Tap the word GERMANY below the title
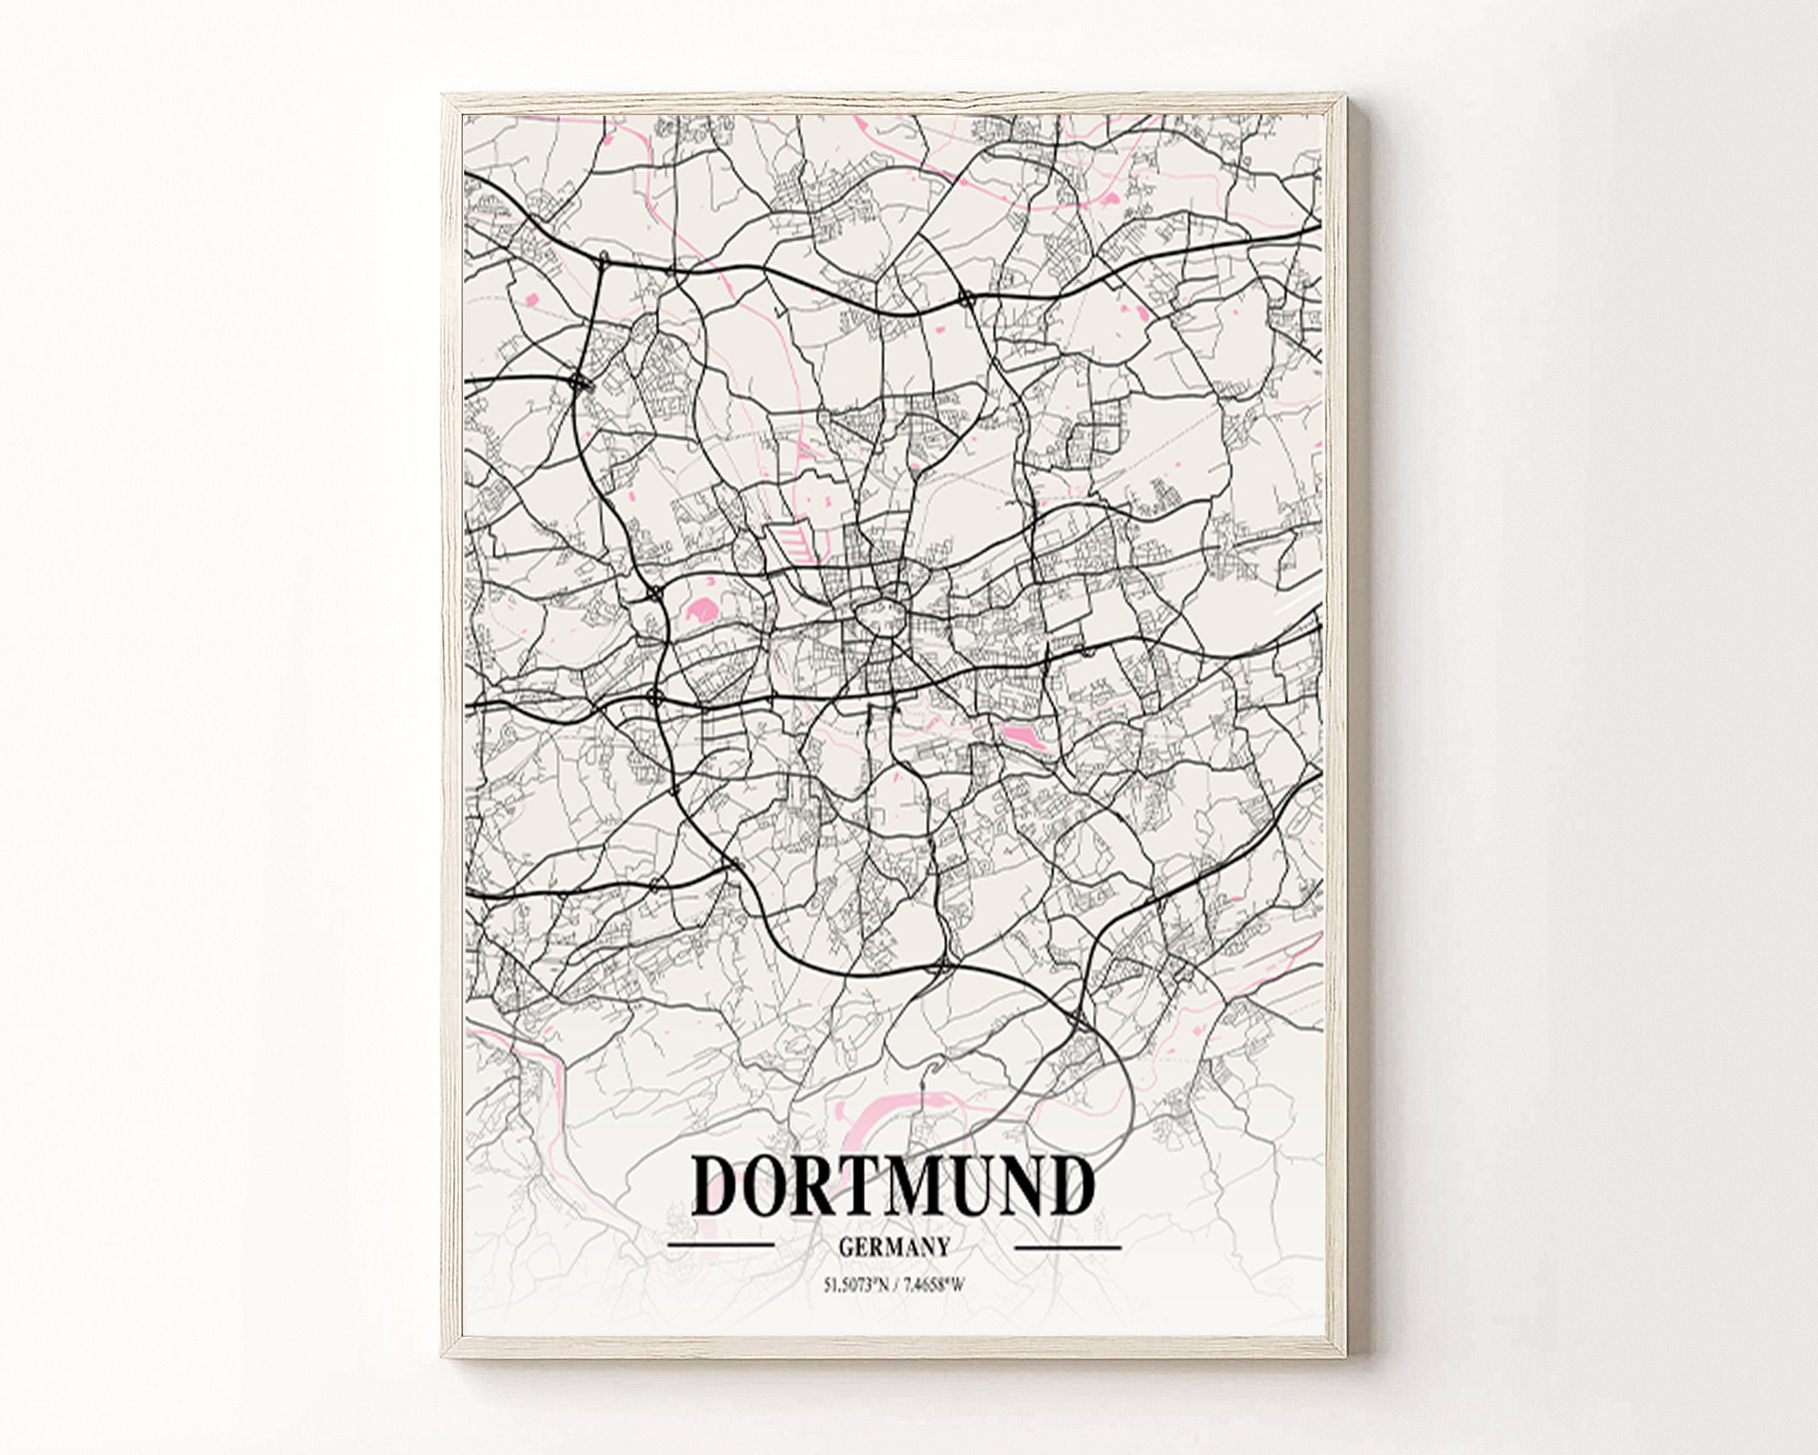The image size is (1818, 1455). click(x=894, y=1246)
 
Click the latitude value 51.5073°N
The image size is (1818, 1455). click(x=856, y=1285)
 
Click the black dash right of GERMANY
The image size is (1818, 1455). click(x=1068, y=1246)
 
